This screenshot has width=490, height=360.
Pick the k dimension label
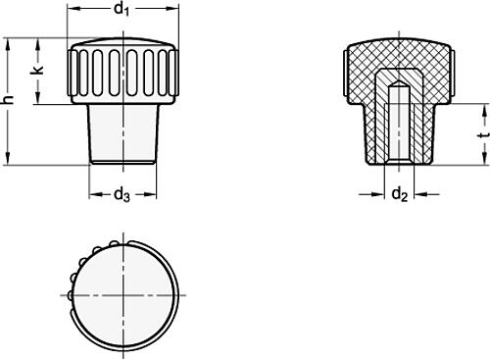click(37, 72)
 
